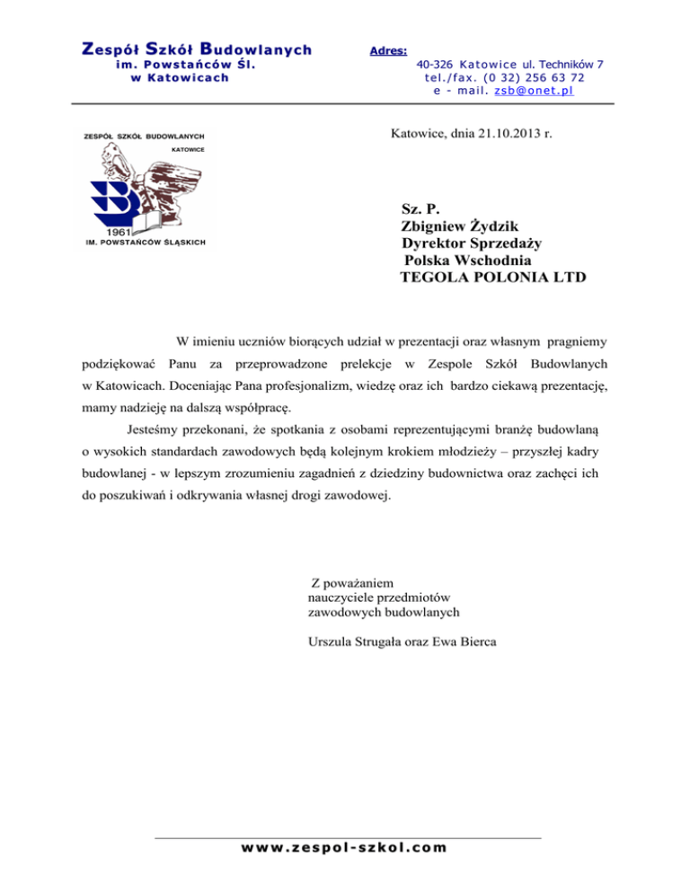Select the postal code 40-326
click(436, 65)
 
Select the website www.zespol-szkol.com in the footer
click(345, 846)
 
